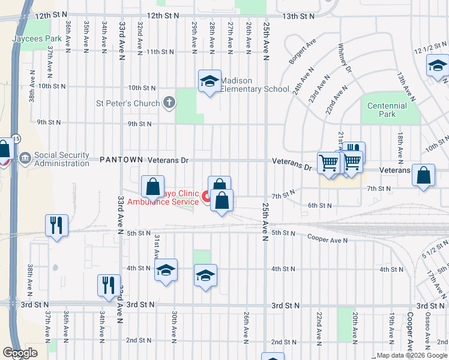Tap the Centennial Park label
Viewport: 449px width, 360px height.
point(387,110)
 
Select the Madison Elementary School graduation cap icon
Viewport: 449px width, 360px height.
point(209,82)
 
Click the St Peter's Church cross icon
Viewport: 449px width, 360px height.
point(169,103)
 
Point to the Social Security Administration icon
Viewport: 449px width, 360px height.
point(25,159)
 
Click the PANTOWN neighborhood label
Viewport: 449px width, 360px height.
point(121,160)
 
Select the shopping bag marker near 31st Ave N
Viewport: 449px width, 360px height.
point(153,186)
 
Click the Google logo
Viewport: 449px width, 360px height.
point(20,353)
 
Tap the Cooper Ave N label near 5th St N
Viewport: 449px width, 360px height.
point(328,239)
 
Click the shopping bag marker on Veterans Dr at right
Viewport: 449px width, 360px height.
point(424,176)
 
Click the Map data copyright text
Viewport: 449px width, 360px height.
point(411,355)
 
